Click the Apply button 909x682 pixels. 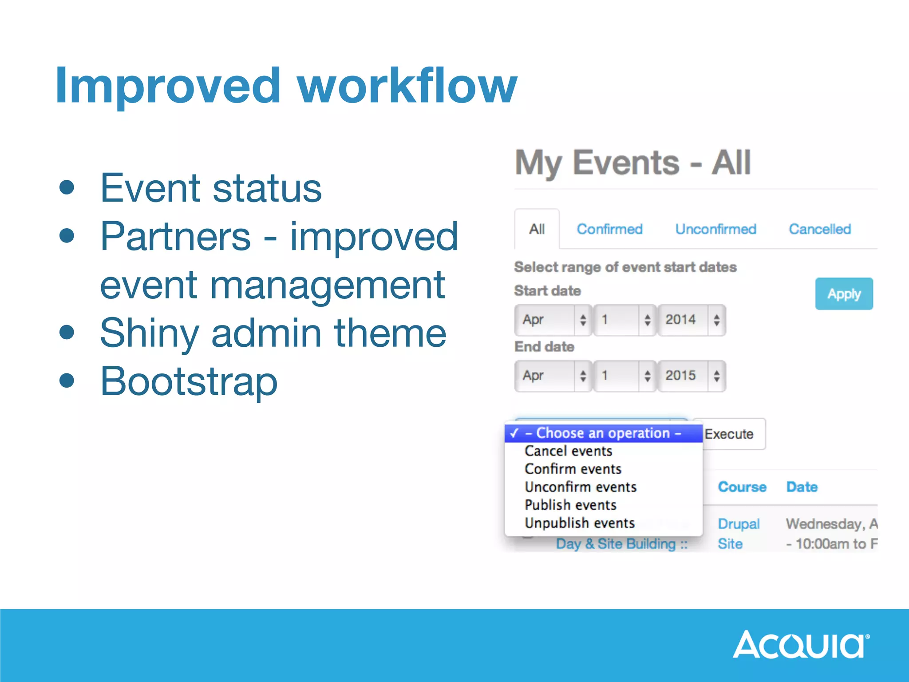click(x=844, y=293)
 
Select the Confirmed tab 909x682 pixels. click(x=609, y=229)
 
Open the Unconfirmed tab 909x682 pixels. click(x=715, y=229)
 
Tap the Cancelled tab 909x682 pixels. click(x=819, y=229)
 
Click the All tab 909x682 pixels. click(x=537, y=229)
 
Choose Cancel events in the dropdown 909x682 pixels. click(x=568, y=451)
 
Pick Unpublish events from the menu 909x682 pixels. click(x=579, y=523)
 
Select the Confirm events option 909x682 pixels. click(x=573, y=469)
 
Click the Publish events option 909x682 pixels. click(x=570, y=505)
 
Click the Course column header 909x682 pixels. click(x=742, y=487)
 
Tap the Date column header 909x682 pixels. click(x=802, y=487)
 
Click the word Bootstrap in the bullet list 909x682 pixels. click(x=189, y=381)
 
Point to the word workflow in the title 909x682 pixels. click(x=407, y=85)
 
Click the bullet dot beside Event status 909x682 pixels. click(x=67, y=187)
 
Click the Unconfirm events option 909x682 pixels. click(x=581, y=487)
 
